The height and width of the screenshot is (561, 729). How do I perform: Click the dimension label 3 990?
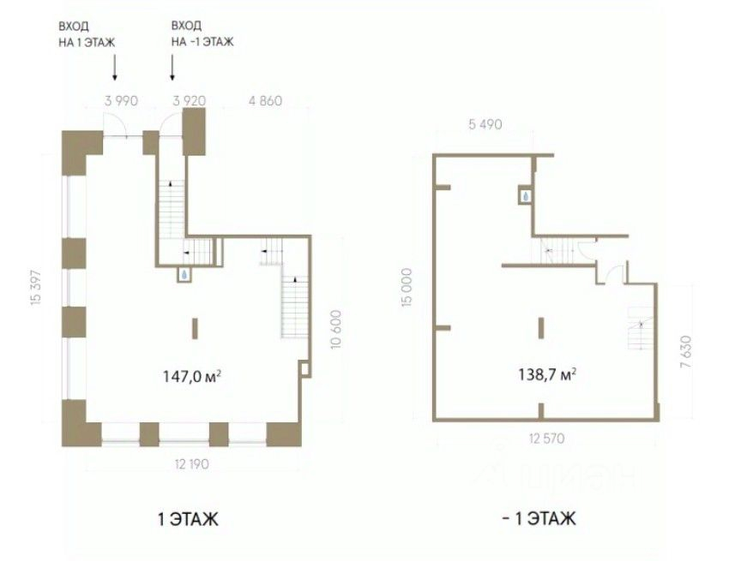point(120,100)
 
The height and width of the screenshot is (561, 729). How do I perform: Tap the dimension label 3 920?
point(189,100)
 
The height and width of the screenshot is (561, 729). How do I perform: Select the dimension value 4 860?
point(265,100)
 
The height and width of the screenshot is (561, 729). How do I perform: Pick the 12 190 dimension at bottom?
point(193,464)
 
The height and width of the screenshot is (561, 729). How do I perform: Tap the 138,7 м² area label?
point(545,373)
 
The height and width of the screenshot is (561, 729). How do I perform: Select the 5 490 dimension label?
point(485,125)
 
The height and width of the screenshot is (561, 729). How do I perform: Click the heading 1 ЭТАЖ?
point(188,518)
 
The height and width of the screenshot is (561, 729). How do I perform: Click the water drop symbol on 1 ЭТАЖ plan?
point(184,275)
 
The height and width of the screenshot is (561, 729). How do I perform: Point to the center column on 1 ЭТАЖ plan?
point(195,328)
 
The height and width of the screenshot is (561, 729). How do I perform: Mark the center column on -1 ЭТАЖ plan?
point(540,328)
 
